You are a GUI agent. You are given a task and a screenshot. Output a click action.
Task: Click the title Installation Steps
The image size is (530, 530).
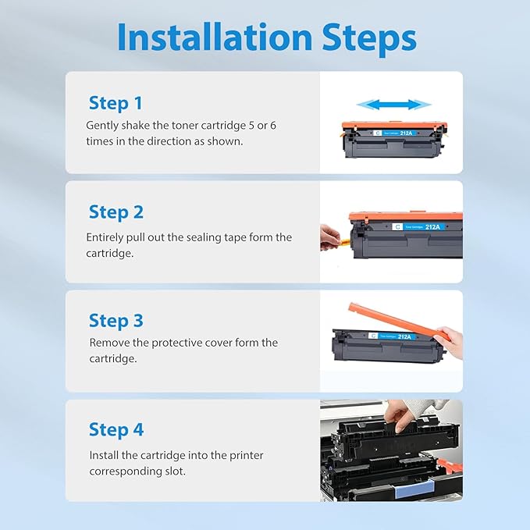[x=266, y=37]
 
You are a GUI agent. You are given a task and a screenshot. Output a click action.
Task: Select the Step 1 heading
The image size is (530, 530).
[x=116, y=103]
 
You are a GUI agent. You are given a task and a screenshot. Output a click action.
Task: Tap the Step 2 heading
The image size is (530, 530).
[x=116, y=212]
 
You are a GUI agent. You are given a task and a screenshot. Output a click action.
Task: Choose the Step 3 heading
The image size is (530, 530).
[x=116, y=320]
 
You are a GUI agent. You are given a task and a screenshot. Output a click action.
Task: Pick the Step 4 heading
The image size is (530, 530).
[x=116, y=429]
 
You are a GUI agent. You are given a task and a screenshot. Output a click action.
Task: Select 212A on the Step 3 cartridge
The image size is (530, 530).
[x=404, y=336]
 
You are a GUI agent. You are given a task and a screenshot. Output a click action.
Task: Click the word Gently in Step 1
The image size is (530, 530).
[x=103, y=125]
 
